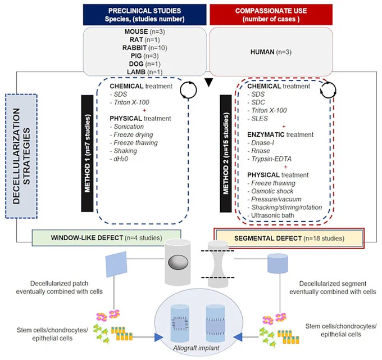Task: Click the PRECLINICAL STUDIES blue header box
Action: pyautogui.click(x=144, y=15)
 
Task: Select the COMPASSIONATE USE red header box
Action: pyautogui.click(x=271, y=15)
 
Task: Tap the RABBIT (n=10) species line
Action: pyautogui.click(x=145, y=48)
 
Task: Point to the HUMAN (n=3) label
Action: pyautogui.click(x=271, y=52)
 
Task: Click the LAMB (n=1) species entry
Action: pyautogui.click(x=145, y=72)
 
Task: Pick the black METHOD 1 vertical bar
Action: pyautogui.click(x=87, y=153)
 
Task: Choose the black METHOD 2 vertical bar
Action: pyautogui.click(x=226, y=153)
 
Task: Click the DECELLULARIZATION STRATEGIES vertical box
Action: pyautogui.click(x=21, y=156)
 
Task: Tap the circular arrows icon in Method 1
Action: pyautogui.click(x=188, y=90)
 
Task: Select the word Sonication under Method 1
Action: pyautogui.click(x=129, y=127)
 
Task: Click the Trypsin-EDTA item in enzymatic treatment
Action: pyautogui.click(x=271, y=159)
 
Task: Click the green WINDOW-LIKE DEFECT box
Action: pyautogui.click(x=107, y=238)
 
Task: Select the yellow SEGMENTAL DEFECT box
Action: pyautogui.click(x=289, y=238)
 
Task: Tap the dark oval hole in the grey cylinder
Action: pyautogui.click(x=178, y=262)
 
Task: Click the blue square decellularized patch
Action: pyautogui.click(x=116, y=264)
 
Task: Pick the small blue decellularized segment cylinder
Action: pyautogui.click(x=278, y=263)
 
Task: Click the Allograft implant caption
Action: pyautogui.click(x=196, y=348)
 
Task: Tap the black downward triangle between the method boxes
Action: pyautogui.click(x=209, y=83)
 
